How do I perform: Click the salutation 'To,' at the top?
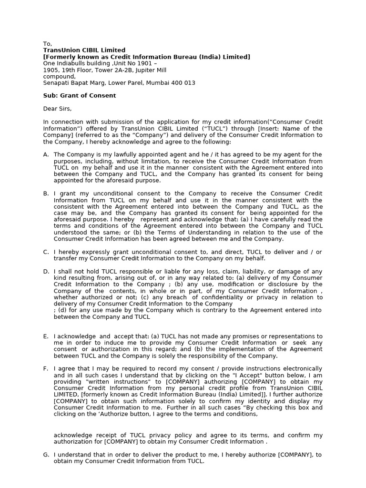tap(47, 44)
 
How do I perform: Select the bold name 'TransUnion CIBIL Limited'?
tap(84, 50)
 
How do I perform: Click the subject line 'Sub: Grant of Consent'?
tap(79, 95)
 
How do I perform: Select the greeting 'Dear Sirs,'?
tap(57, 109)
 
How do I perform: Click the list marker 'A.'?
tap(46, 154)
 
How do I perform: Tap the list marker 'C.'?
tap(46, 252)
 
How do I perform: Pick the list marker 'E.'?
tap(46, 336)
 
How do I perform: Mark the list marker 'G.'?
tap(46, 455)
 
